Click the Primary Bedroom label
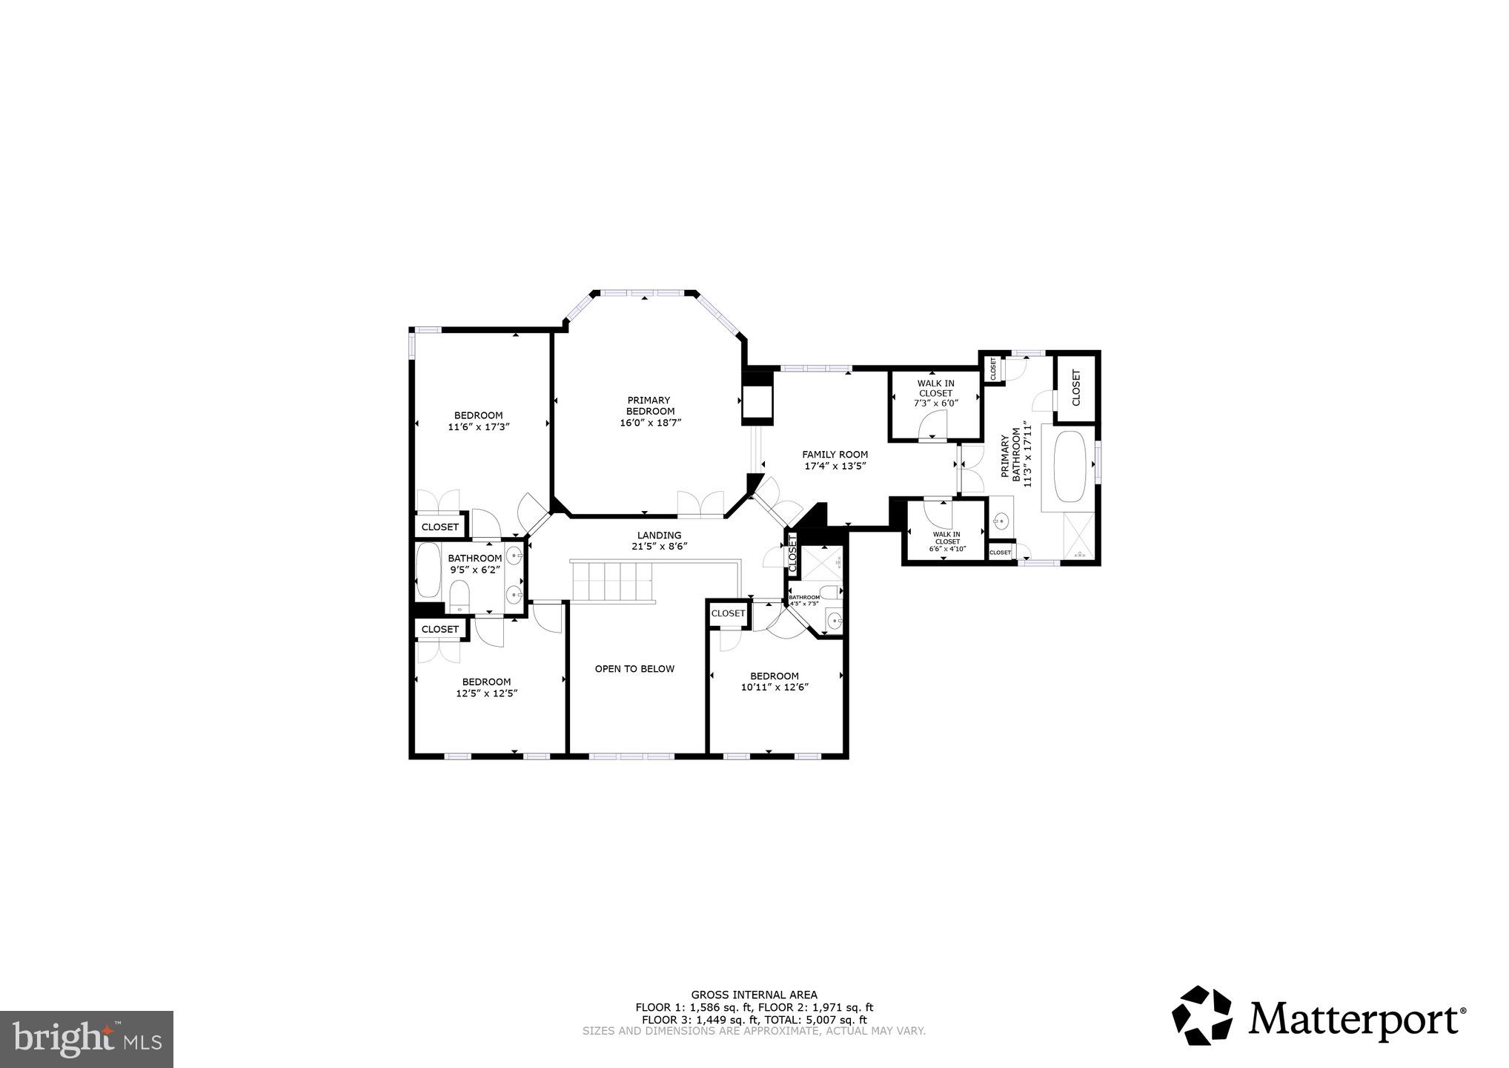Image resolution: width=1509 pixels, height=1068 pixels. coord(650,406)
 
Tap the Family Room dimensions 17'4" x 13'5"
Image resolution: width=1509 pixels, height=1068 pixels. coord(835,467)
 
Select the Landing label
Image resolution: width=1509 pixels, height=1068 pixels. coord(659,535)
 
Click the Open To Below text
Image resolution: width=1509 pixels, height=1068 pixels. coord(634,669)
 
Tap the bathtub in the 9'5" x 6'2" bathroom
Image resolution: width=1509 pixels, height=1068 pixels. coord(428,570)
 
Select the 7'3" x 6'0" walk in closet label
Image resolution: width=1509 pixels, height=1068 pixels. coord(935,393)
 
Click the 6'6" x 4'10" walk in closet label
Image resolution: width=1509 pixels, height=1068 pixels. coord(946,542)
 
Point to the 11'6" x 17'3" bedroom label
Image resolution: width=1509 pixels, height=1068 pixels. coord(478,421)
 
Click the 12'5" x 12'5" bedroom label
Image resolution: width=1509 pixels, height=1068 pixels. coord(486,688)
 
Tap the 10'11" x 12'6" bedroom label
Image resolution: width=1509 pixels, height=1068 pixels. coord(774,681)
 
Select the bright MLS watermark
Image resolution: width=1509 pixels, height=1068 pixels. coord(87,1038)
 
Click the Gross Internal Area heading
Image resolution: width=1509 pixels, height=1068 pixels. coord(754,995)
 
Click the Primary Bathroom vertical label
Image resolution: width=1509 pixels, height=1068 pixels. coord(1016,454)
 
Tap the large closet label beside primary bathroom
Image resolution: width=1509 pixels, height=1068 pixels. coord(1076,388)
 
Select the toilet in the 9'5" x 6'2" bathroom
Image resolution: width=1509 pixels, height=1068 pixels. coord(460,596)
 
